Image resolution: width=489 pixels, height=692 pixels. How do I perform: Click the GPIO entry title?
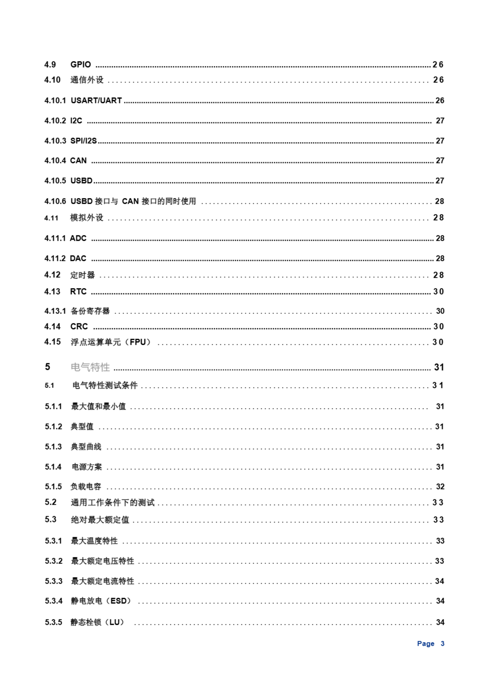(x=81, y=65)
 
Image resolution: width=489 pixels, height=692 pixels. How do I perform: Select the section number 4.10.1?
(x=55, y=100)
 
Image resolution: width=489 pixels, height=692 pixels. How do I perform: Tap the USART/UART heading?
(x=96, y=100)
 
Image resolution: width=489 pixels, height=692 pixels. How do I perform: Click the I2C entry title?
(x=76, y=121)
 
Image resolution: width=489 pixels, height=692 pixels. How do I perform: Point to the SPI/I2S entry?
(x=83, y=141)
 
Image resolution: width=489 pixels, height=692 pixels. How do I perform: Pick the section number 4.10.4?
(x=55, y=160)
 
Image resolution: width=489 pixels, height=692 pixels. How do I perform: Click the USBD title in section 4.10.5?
(x=81, y=181)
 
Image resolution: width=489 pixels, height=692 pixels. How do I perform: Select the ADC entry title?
(x=78, y=238)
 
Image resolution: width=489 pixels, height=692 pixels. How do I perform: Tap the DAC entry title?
(x=78, y=258)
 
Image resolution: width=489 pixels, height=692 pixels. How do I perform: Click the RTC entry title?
(x=78, y=291)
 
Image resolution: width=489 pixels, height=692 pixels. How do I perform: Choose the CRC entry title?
(x=79, y=327)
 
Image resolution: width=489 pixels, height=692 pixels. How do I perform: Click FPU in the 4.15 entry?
(x=138, y=342)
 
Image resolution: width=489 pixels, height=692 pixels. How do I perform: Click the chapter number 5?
(x=48, y=367)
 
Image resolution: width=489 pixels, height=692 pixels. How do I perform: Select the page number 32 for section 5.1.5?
(x=440, y=487)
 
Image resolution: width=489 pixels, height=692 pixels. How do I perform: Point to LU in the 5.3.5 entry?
(x=115, y=622)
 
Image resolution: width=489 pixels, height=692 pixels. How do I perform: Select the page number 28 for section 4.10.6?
(x=439, y=201)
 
